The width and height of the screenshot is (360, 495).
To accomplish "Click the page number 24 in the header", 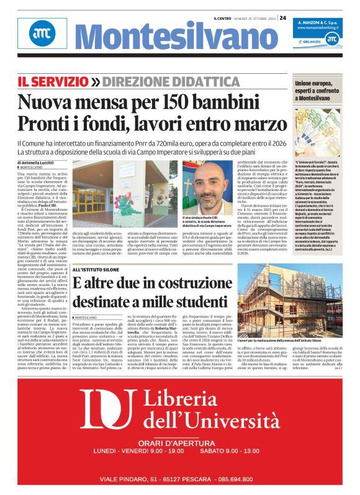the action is click(x=282, y=17).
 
